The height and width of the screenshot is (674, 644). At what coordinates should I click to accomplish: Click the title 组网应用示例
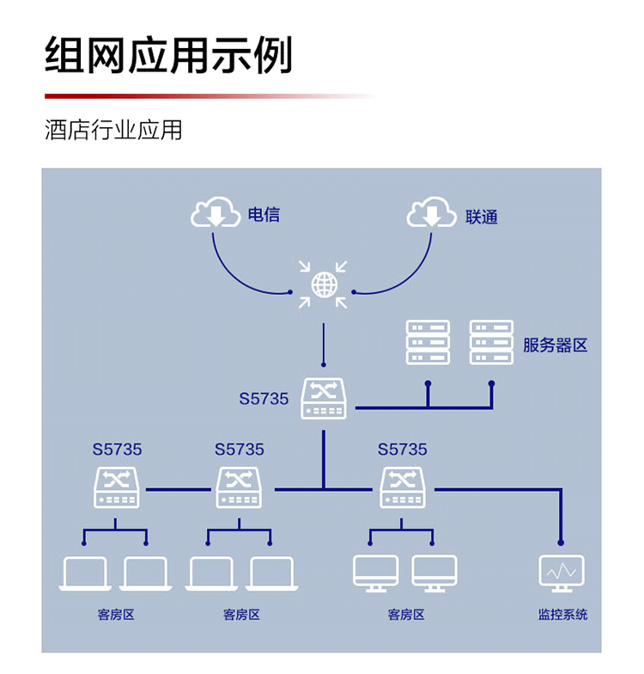pyautogui.click(x=168, y=55)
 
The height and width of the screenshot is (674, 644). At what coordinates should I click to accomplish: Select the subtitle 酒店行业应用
pyautogui.click(x=113, y=130)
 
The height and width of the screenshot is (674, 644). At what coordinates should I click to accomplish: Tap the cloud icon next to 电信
pyautogui.click(x=215, y=211)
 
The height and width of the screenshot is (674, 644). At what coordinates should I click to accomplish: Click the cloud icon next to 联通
pyautogui.click(x=431, y=211)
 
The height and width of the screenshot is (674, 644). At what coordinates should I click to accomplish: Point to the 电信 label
pyautogui.click(x=264, y=215)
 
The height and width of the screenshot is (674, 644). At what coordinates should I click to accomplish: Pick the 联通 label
pyautogui.click(x=481, y=217)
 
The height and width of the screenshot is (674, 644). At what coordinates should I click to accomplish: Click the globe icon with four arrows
pyautogui.click(x=323, y=285)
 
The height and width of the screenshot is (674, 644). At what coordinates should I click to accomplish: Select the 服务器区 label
pyautogui.click(x=555, y=346)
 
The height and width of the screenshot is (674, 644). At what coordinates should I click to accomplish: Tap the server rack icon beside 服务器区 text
pyautogui.click(x=491, y=342)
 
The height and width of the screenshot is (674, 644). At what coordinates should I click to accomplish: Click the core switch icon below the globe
pyautogui.click(x=323, y=399)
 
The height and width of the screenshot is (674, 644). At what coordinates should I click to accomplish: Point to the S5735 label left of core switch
pyautogui.click(x=264, y=399)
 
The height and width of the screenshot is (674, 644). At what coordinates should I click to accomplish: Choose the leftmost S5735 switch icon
pyautogui.click(x=117, y=488)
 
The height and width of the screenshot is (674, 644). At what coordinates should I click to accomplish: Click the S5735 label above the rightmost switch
pyautogui.click(x=402, y=449)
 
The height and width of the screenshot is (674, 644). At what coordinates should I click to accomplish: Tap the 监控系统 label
pyautogui.click(x=562, y=614)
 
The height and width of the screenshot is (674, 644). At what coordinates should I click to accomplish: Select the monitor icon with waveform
pyautogui.click(x=562, y=574)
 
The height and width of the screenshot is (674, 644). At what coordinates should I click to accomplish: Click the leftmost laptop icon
pyautogui.click(x=85, y=574)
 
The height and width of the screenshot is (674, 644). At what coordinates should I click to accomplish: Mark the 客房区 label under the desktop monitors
pyautogui.click(x=405, y=615)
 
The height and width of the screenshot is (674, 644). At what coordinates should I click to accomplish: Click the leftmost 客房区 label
pyautogui.click(x=116, y=615)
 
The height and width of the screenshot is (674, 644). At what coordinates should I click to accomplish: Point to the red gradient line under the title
pyautogui.click(x=210, y=96)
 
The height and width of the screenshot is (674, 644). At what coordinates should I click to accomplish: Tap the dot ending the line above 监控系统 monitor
pyautogui.click(x=561, y=543)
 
